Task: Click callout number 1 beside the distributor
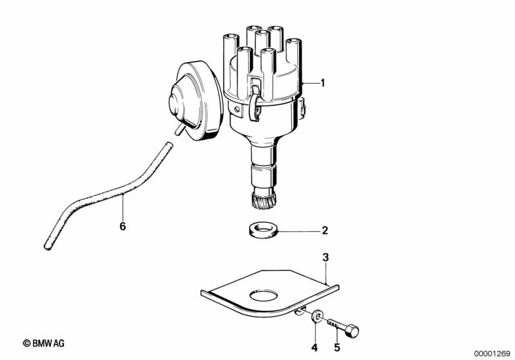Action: (x=322, y=83)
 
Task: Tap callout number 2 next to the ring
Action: (x=325, y=231)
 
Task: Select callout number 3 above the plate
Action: (x=325, y=258)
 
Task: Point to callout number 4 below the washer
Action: (x=315, y=348)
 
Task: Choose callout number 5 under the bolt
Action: (x=337, y=348)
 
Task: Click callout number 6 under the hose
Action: (x=122, y=226)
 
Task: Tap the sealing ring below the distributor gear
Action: (x=262, y=231)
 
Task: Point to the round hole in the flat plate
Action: (x=264, y=296)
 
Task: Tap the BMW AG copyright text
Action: (x=44, y=343)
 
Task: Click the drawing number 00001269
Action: (x=492, y=354)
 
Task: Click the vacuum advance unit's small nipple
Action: (x=179, y=130)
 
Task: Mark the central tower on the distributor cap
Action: (x=262, y=43)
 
